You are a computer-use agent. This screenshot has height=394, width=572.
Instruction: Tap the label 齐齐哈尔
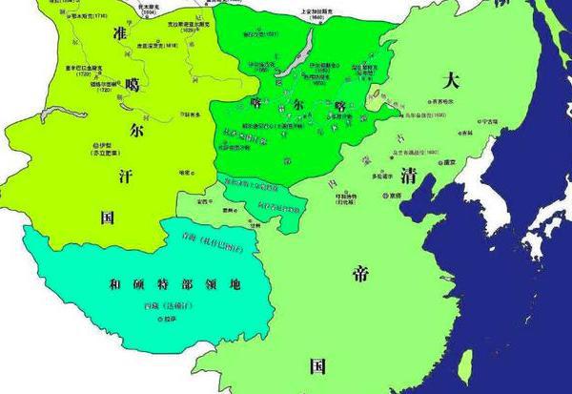coord(438,98)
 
